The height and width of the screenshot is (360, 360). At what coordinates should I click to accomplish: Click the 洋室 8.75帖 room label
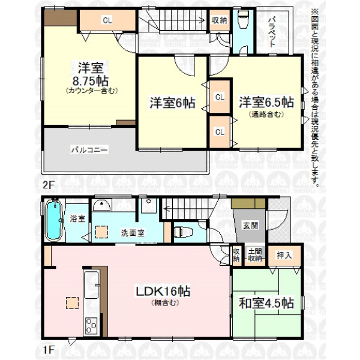pyautogui.click(x=90, y=74)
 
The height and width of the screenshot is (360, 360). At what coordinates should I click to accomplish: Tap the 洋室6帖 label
pyautogui.click(x=172, y=103)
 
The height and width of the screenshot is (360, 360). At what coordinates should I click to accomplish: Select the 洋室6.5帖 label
pyautogui.click(x=266, y=102)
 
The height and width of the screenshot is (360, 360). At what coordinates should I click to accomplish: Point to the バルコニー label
pyautogui.click(x=89, y=150)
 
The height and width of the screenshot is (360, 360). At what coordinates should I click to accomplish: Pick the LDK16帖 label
pyautogui.click(x=163, y=292)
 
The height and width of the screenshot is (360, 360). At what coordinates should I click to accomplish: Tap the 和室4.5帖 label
pyautogui.click(x=266, y=303)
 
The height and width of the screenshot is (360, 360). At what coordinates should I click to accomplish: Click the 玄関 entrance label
pyautogui.click(x=250, y=226)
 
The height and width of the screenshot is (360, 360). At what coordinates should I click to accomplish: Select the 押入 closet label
pyautogui.click(x=284, y=255)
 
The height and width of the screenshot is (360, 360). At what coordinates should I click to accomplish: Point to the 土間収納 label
pyautogui.click(x=255, y=255)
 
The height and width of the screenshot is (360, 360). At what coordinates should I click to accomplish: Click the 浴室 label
pyautogui.click(x=77, y=218)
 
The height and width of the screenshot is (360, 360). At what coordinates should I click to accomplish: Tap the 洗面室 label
pyautogui.click(x=133, y=233)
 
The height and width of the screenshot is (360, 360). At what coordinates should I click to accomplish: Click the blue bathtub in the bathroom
pyautogui.click(x=55, y=219)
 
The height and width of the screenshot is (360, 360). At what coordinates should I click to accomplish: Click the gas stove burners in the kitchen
pyautogui.click(x=91, y=325)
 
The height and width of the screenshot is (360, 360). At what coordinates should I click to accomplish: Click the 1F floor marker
pyautogui.click(x=48, y=350)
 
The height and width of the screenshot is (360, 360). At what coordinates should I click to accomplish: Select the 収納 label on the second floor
pyautogui.click(x=219, y=20)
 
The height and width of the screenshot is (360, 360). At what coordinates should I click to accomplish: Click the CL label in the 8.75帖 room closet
pyautogui.click(x=107, y=20)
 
